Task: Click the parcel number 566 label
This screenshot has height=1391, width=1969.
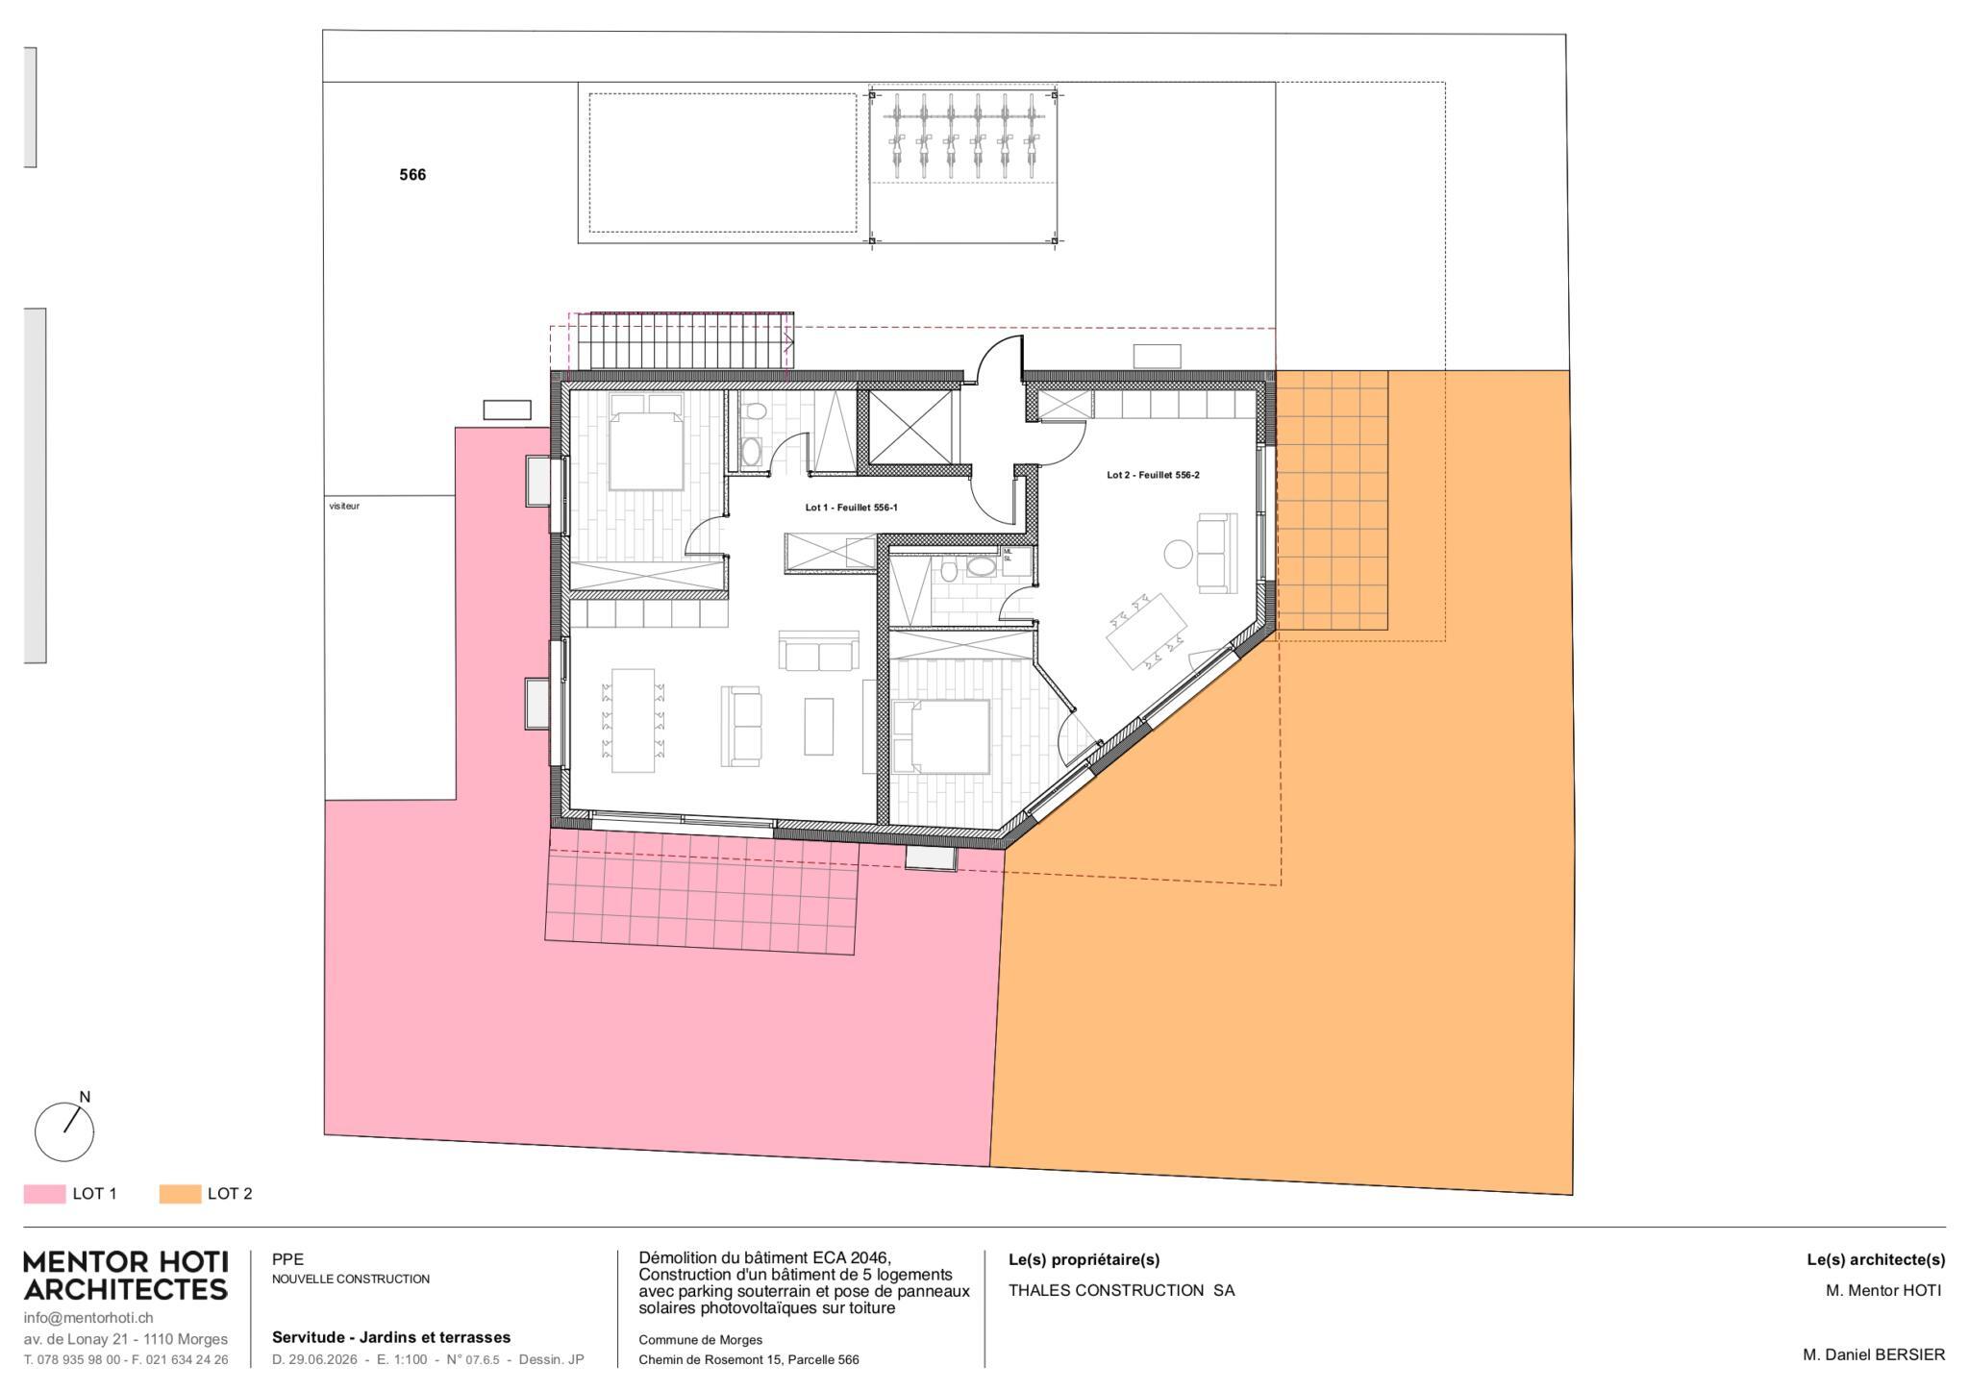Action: (x=412, y=175)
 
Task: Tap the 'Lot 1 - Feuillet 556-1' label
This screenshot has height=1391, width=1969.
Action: (x=851, y=508)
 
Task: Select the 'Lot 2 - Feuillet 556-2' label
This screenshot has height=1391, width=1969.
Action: (x=1153, y=475)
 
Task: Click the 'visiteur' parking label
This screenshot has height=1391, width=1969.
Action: (x=344, y=506)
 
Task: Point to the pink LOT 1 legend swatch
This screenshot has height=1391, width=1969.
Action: (x=44, y=1194)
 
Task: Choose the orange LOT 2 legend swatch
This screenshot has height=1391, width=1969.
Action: (x=180, y=1194)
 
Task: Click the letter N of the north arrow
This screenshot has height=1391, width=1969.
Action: (x=85, y=1097)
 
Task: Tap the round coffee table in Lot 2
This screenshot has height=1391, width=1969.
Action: (x=1178, y=554)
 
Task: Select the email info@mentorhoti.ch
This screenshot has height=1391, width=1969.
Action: (x=88, y=1318)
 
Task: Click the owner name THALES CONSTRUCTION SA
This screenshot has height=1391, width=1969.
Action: (x=1121, y=1291)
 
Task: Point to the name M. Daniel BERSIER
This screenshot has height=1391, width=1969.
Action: (x=1874, y=1354)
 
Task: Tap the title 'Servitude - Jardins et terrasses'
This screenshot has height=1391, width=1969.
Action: (x=391, y=1337)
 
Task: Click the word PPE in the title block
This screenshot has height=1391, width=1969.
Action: (x=287, y=1259)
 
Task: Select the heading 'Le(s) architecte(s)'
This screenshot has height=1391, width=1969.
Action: (x=1876, y=1259)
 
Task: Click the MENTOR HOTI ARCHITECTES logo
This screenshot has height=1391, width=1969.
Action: (x=126, y=1276)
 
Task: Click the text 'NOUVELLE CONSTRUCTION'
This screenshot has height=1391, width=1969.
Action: (x=351, y=1279)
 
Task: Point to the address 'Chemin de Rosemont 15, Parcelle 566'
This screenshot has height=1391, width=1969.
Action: (x=749, y=1359)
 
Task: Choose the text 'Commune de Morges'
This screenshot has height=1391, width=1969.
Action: (x=701, y=1339)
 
